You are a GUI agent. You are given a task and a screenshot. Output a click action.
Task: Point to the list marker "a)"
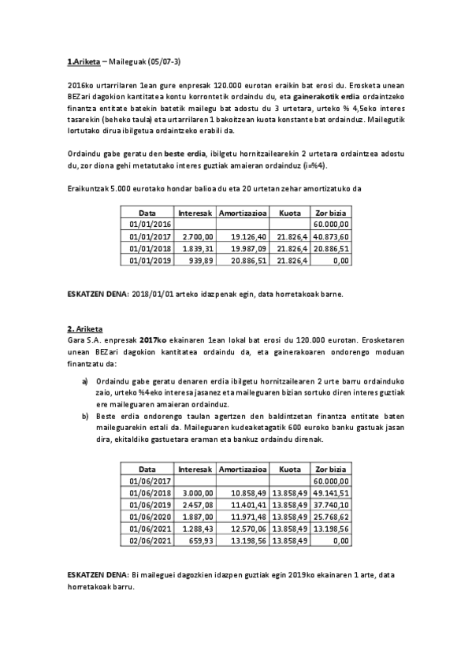click(85, 383)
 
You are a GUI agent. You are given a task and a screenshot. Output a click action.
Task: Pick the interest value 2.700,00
click(197, 236)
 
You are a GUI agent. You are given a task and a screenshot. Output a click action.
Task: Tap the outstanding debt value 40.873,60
click(331, 236)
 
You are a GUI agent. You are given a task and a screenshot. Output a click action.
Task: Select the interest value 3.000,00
click(197, 492)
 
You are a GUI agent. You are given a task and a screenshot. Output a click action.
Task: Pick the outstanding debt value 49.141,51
click(331, 492)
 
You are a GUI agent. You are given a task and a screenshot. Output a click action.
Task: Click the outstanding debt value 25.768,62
click(331, 516)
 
